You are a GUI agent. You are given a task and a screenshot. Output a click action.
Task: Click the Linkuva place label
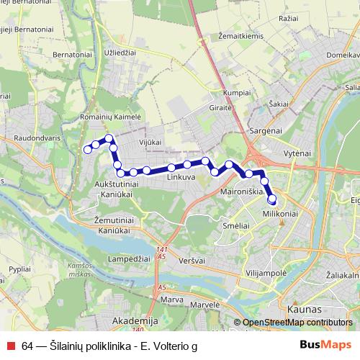pos(181,176)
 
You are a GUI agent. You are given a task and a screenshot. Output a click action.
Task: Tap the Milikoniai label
pos(281,215)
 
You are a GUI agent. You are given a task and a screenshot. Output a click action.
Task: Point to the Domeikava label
pos(343,55)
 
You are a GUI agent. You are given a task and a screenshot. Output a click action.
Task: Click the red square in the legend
pos(9,345)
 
